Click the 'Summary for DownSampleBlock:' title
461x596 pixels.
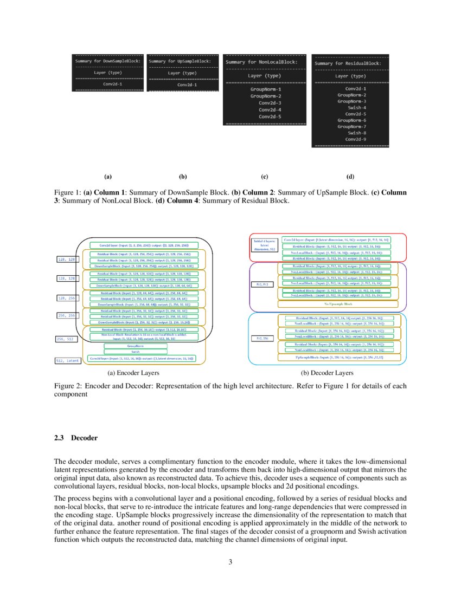[107, 61]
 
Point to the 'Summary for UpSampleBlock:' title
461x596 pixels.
[180, 61]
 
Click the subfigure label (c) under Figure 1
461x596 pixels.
[265, 177]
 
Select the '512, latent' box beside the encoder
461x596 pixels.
[68, 360]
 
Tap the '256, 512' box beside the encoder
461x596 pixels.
[68, 340]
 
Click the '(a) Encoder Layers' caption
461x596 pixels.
[133, 373]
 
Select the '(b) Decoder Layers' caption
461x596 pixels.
[327, 373]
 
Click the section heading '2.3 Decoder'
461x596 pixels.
[75, 437]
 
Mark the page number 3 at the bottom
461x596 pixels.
[230, 562]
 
